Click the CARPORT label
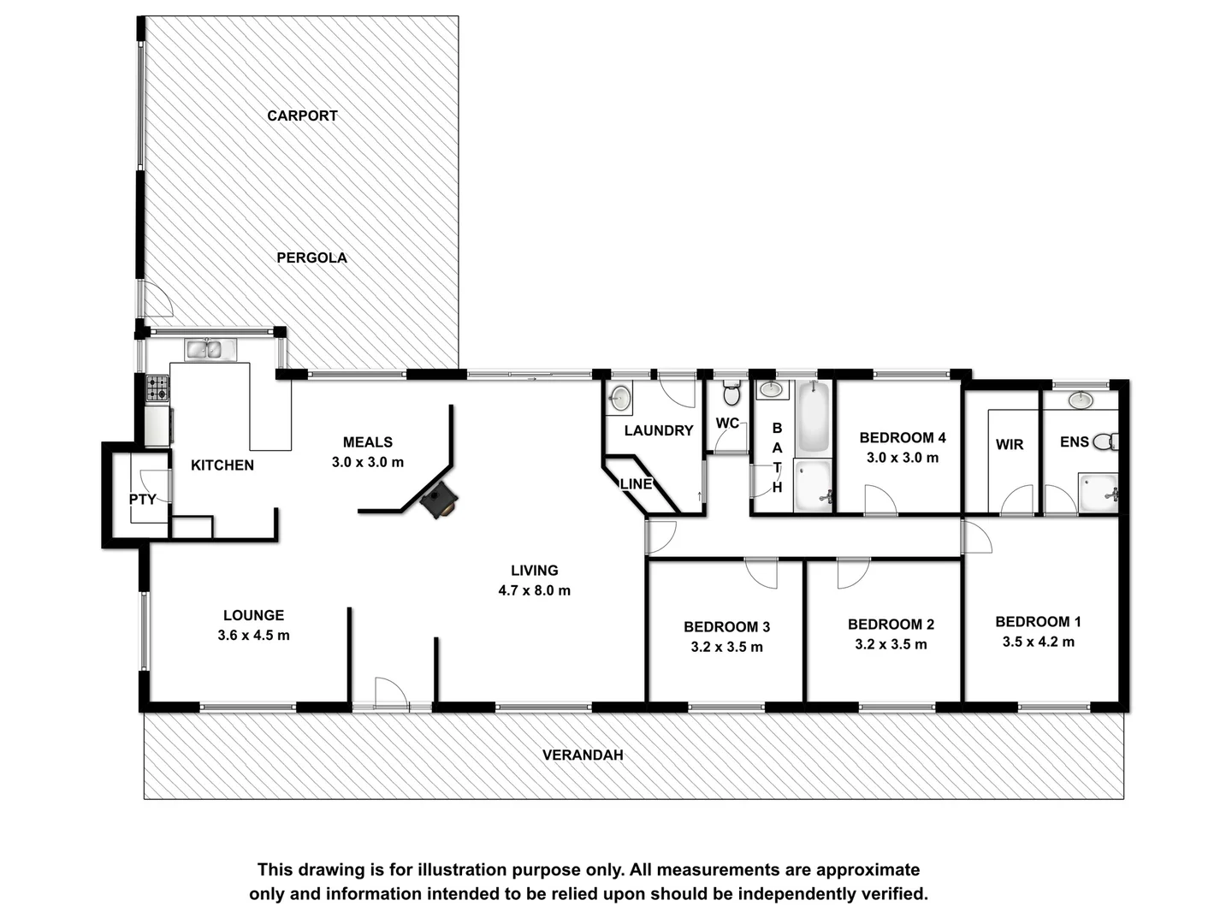(x=302, y=115)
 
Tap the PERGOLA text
(x=311, y=258)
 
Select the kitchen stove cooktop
(x=157, y=389)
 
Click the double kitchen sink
(x=210, y=349)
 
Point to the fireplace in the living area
(x=439, y=500)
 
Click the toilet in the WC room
(x=731, y=394)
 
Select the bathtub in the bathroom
(x=813, y=418)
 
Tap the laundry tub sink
(x=619, y=399)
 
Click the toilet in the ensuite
(x=1107, y=442)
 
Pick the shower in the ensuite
(x=1098, y=494)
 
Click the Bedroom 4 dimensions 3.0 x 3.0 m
(x=903, y=458)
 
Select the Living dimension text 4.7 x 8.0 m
(x=534, y=590)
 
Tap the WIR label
(x=1010, y=444)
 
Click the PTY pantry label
(x=142, y=499)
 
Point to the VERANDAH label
(x=583, y=755)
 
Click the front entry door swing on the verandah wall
(x=390, y=691)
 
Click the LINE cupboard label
(x=636, y=483)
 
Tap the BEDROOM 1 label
(x=1038, y=621)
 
